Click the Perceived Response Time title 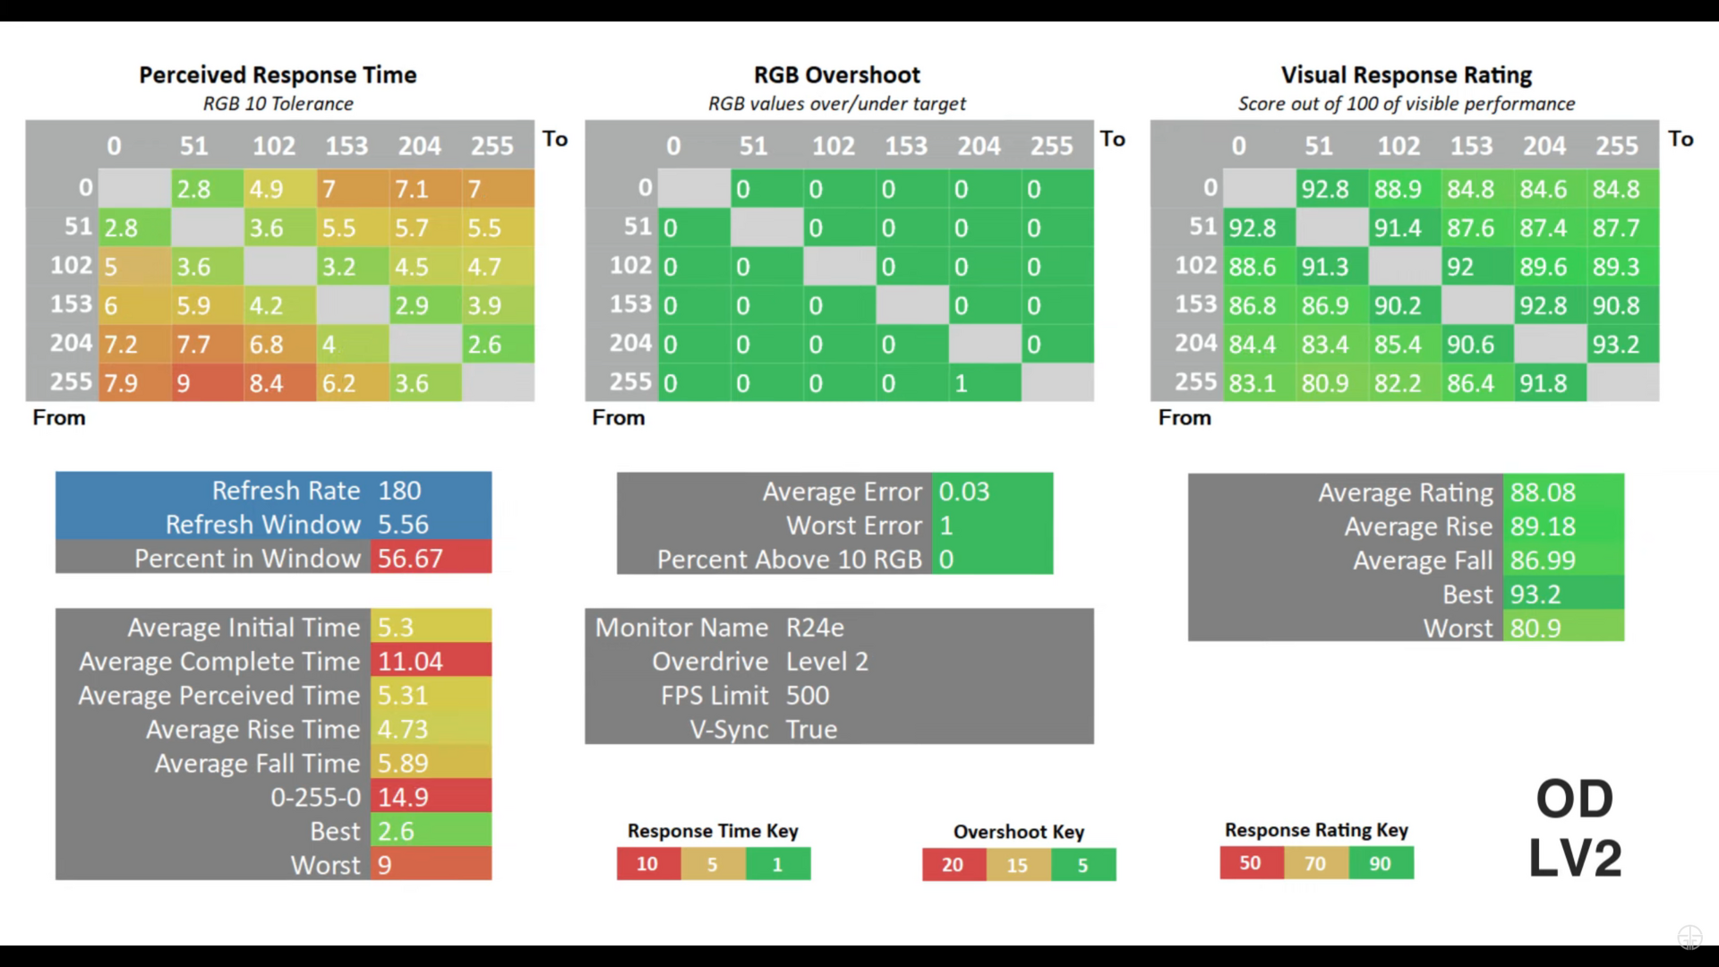(x=278, y=75)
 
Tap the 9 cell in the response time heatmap (x=206, y=383)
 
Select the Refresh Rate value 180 (x=399, y=491)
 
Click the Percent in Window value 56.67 (x=410, y=559)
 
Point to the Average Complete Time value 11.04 (x=410, y=662)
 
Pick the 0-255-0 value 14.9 (x=403, y=797)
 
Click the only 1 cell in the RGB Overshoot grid (x=983, y=383)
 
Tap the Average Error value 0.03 (x=964, y=492)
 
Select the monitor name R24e (x=815, y=628)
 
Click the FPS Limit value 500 (x=808, y=696)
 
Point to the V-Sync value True (x=811, y=730)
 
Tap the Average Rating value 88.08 (x=1543, y=492)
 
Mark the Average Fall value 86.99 (x=1543, y=561)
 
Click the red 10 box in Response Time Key (x=647, y=864)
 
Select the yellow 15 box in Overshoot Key (x=1018, y=865)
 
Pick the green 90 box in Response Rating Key (x=1381, y=863)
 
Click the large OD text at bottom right (x=1574, y=799)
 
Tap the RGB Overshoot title (x=837, y=75)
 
